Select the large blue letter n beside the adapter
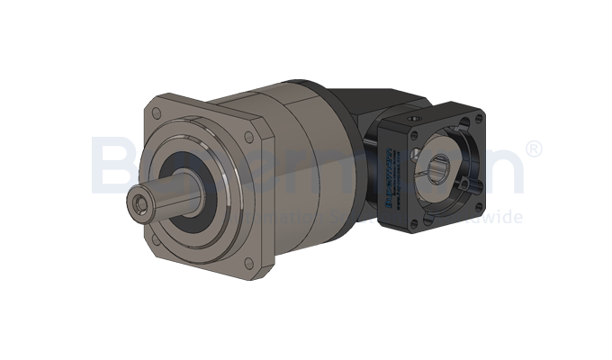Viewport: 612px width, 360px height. pyautogui.click(x=504, y=171)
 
